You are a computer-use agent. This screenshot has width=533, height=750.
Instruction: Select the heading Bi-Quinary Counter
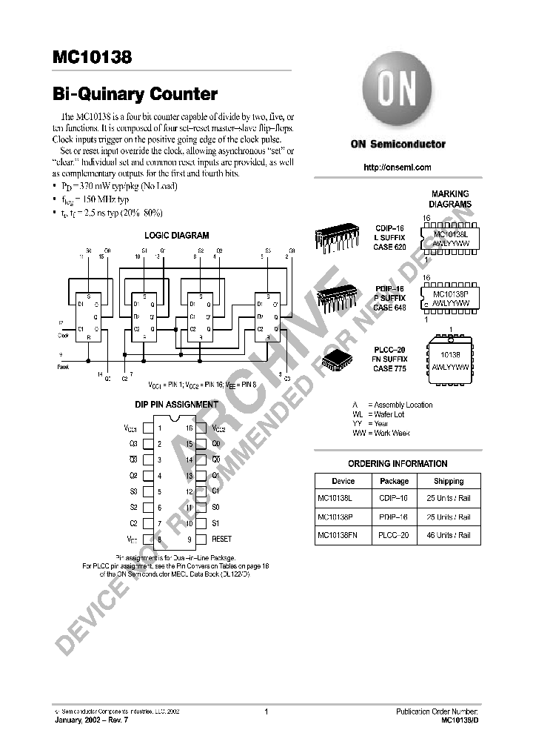[135, 95]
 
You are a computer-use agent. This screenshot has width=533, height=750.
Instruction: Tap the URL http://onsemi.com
[398, 167]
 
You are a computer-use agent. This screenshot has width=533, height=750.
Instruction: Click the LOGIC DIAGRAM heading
[176, 236]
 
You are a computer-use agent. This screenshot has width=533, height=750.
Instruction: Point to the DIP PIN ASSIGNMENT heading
[177, 405]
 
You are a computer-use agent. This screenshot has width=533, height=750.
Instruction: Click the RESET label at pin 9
[221, 540]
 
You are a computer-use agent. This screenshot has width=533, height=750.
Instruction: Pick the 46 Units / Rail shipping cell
[449, 535]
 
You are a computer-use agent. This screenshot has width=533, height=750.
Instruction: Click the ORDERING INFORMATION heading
[398, 464]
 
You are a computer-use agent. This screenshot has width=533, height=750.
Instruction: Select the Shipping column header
[449, 481]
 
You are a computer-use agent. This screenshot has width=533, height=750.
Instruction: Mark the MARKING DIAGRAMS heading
[451, 199]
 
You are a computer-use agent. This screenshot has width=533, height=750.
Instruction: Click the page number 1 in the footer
[265, 711]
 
